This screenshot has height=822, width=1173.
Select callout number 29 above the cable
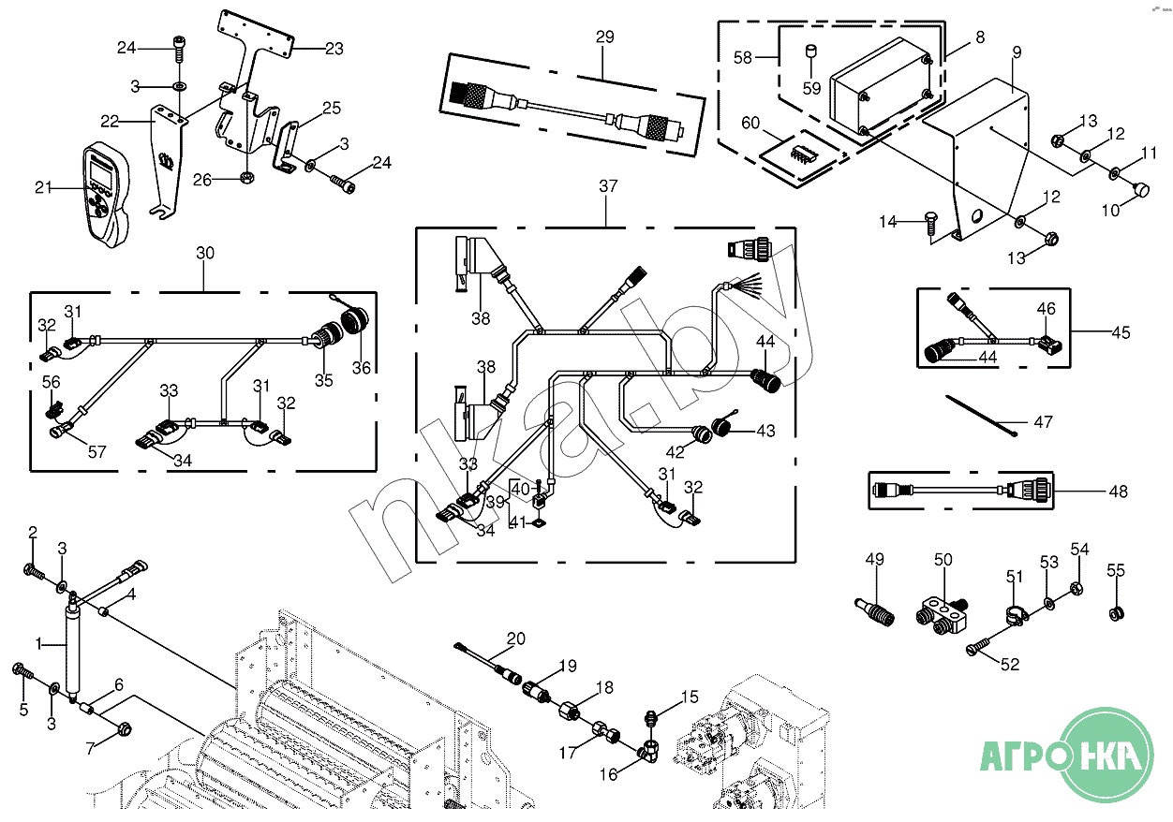(604, 37)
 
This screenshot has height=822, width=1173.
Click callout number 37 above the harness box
(608, 186)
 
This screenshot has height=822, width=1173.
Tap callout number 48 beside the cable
(1118, 492)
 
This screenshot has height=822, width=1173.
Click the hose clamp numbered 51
(1015, 614)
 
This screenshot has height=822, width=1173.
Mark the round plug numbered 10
(1142, 189)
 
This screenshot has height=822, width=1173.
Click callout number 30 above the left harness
(205, 253)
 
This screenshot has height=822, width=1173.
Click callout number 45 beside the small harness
(1121, 332)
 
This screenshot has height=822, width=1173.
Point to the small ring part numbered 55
(1116, 613)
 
